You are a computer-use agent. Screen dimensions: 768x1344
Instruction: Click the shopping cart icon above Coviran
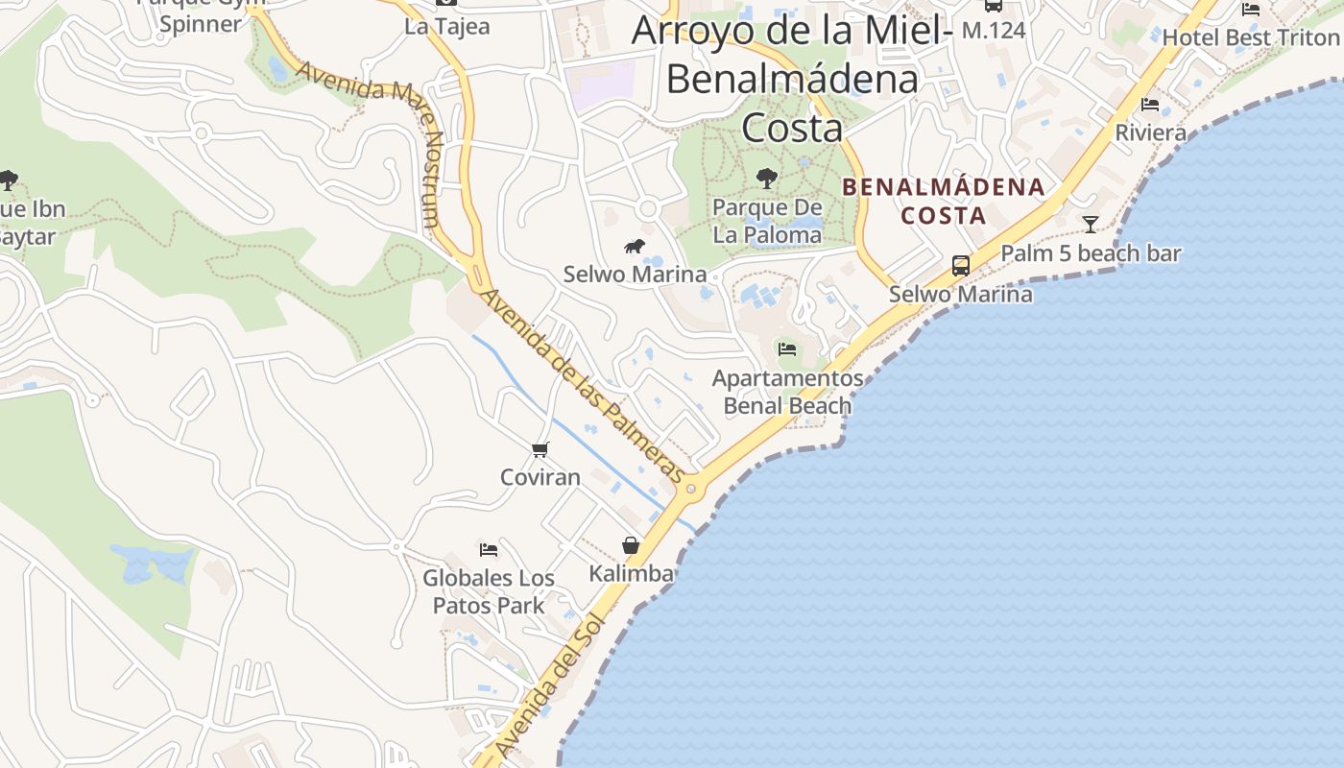(x=540, y=449)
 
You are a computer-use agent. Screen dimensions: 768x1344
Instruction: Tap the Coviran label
(x=540, y=477)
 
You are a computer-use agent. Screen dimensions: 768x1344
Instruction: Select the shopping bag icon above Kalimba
(x=631, y=545)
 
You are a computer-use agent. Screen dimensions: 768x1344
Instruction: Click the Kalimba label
(x=631, y=574)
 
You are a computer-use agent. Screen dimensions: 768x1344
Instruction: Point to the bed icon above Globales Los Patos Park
(x=489, y=550)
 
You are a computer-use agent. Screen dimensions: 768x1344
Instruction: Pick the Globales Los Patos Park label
(x=489, y=591)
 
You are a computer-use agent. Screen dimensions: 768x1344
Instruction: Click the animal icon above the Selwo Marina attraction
(x=635, y=247)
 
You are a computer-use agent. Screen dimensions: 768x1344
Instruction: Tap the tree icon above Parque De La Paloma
(x=766, y=178)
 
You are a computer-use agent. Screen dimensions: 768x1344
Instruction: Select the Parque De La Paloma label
(x=767, y=221)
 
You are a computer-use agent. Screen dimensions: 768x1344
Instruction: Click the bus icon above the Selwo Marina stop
(x=960, y=266)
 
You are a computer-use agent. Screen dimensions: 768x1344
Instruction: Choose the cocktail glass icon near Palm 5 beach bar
(x=1091, y=225)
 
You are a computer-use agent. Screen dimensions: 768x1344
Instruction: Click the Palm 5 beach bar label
(x=1091, y=253)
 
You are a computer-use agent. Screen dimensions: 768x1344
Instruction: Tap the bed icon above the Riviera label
(x=1150, y=104)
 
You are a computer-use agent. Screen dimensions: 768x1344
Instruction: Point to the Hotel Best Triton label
(x=1250, y=37)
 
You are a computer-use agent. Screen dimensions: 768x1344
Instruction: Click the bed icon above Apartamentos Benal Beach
(x=787, y=349)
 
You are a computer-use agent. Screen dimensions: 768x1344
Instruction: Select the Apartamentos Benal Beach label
(x=787, y=392)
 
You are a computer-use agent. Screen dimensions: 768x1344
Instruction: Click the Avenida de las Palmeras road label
(x=583, y=385)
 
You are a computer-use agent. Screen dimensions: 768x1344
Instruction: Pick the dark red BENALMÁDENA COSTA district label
(x=943, y=201)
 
